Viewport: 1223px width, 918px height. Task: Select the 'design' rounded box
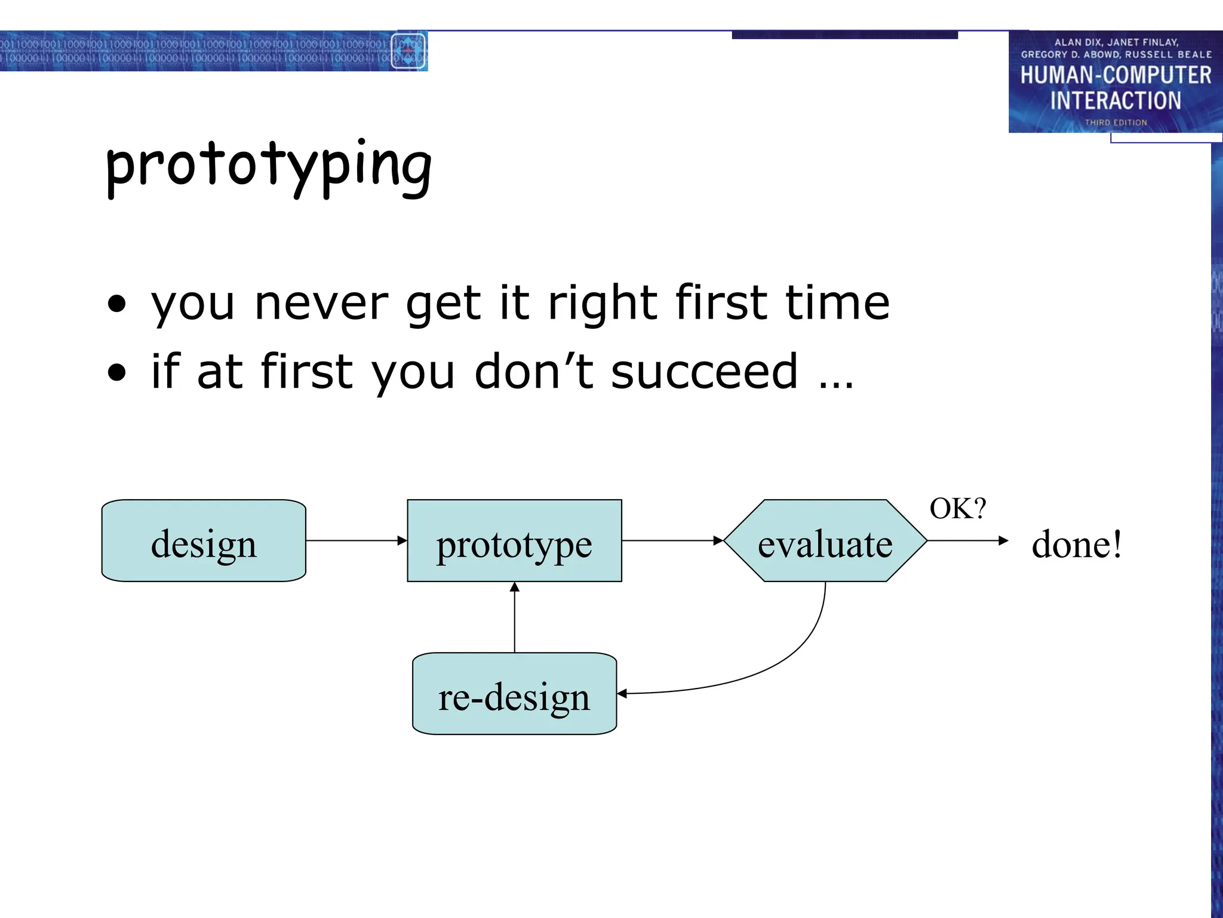(204, 541)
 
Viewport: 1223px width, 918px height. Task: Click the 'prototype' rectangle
(514, 541)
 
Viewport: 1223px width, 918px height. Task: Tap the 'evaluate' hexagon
(825, 541)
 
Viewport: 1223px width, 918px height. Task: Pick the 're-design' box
(514, 694)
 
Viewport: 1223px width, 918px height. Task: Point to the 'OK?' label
(958, 509)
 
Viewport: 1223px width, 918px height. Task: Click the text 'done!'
(1077, 544)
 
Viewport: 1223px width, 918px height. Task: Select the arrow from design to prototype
(357, 541)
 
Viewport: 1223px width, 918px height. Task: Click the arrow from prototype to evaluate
(672, 541)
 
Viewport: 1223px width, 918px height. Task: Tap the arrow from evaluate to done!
(967, 541)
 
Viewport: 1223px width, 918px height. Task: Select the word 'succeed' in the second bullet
(704, 372)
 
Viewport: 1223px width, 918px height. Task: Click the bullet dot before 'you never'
(117, 304)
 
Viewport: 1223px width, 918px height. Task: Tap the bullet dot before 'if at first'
(117, 373)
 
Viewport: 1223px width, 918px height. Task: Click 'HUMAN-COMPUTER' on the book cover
(1116, 76)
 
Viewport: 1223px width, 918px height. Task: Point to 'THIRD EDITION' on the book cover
(1116, 123)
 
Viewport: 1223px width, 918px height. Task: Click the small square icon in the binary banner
(408, 51)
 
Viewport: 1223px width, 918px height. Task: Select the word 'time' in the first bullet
(837, 303)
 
